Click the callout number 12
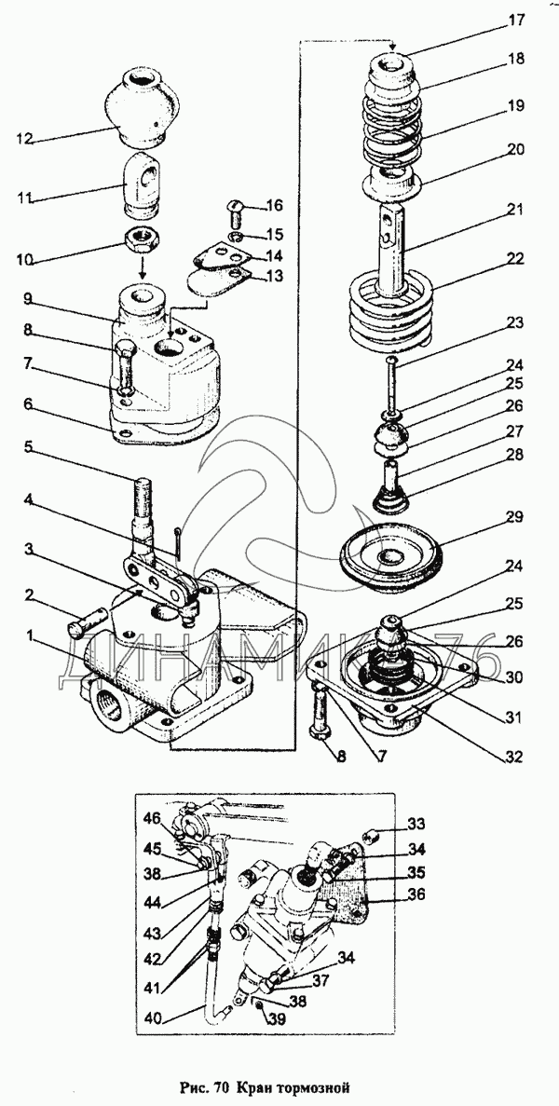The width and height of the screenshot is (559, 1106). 24,139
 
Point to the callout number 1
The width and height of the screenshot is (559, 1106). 30,636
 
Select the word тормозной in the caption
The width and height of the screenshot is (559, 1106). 317,1085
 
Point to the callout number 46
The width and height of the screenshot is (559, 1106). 155,819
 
